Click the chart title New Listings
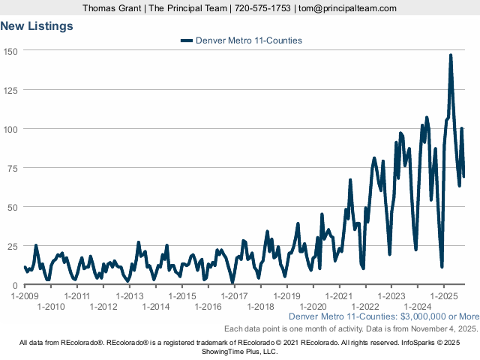point(37,26)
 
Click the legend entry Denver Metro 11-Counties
point(248,40)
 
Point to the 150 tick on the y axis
point(10,50)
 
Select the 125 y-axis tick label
point(10,90)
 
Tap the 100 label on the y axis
point(10,129)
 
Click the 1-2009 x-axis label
point(25,296)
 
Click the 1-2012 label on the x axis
point(103,306)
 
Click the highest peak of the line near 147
point(451,55)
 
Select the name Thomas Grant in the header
point(114,8)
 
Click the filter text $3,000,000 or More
point(436,316)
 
